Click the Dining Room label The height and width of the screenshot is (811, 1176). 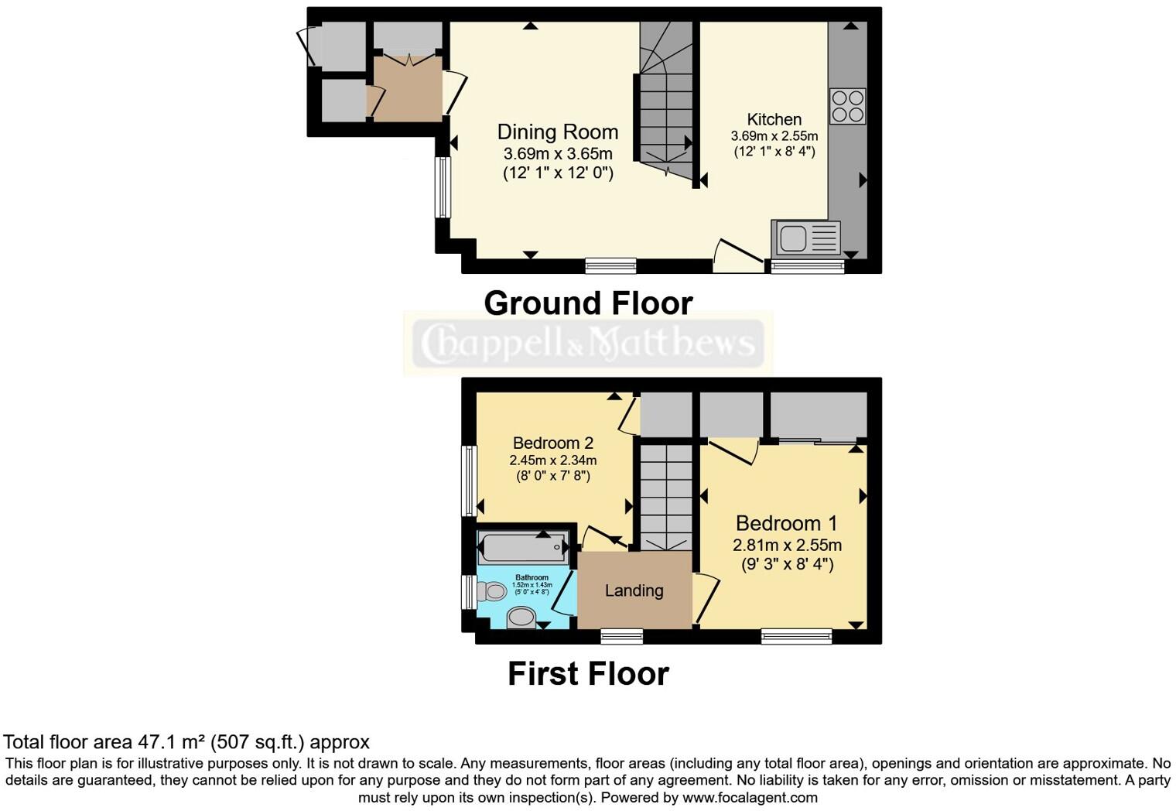(557, 132)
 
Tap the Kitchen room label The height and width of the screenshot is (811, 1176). (774, 119)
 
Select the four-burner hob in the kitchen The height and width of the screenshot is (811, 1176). (847, 106)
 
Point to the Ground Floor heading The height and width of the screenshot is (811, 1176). (588, 303)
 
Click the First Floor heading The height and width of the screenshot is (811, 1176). (588, 673)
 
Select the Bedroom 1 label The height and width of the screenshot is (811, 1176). (786, 523)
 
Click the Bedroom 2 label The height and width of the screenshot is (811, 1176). (552, 443)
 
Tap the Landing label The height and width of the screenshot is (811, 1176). (634, 590)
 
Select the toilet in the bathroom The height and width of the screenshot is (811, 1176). (491, 592)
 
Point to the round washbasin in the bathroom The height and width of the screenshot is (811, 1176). (522, 617)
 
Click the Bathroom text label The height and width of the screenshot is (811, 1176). (532, 577)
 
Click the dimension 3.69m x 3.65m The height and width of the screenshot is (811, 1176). (557, 153)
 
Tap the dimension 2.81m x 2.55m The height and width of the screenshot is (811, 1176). (787, 545)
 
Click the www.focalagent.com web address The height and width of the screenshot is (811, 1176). (750, 797)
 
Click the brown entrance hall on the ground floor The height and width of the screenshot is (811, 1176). (406, 87)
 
